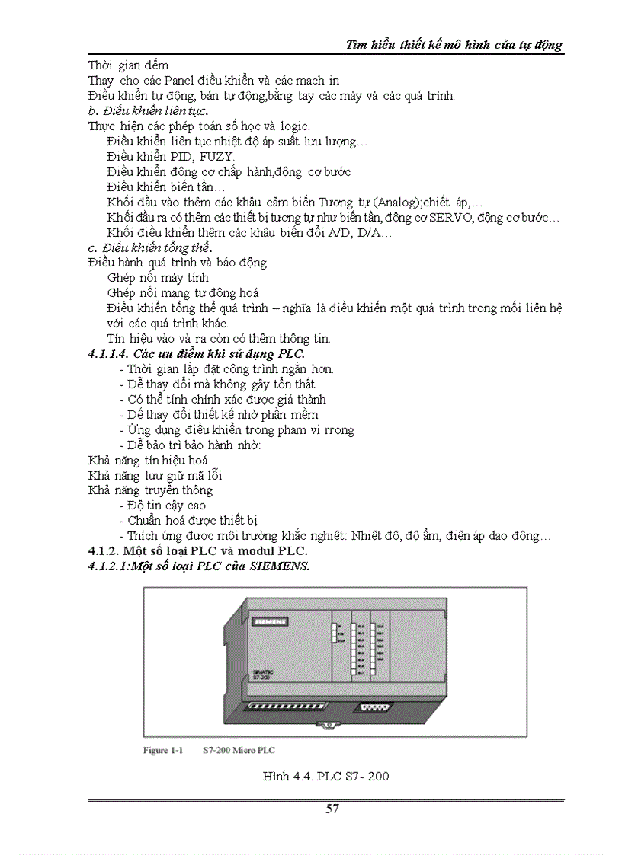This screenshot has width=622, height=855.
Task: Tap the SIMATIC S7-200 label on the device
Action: pos(263,675)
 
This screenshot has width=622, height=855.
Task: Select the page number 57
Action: pos(332,809)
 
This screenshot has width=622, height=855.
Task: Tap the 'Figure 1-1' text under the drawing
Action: pos(164,751)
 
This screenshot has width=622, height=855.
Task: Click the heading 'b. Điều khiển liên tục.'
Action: pos(146,111)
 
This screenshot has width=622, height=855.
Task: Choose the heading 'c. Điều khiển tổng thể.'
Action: pos(150,248)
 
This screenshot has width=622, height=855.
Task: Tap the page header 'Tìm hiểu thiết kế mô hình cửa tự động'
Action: pos(454,44)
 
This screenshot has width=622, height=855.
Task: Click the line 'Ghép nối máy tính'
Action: pos(159,278)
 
